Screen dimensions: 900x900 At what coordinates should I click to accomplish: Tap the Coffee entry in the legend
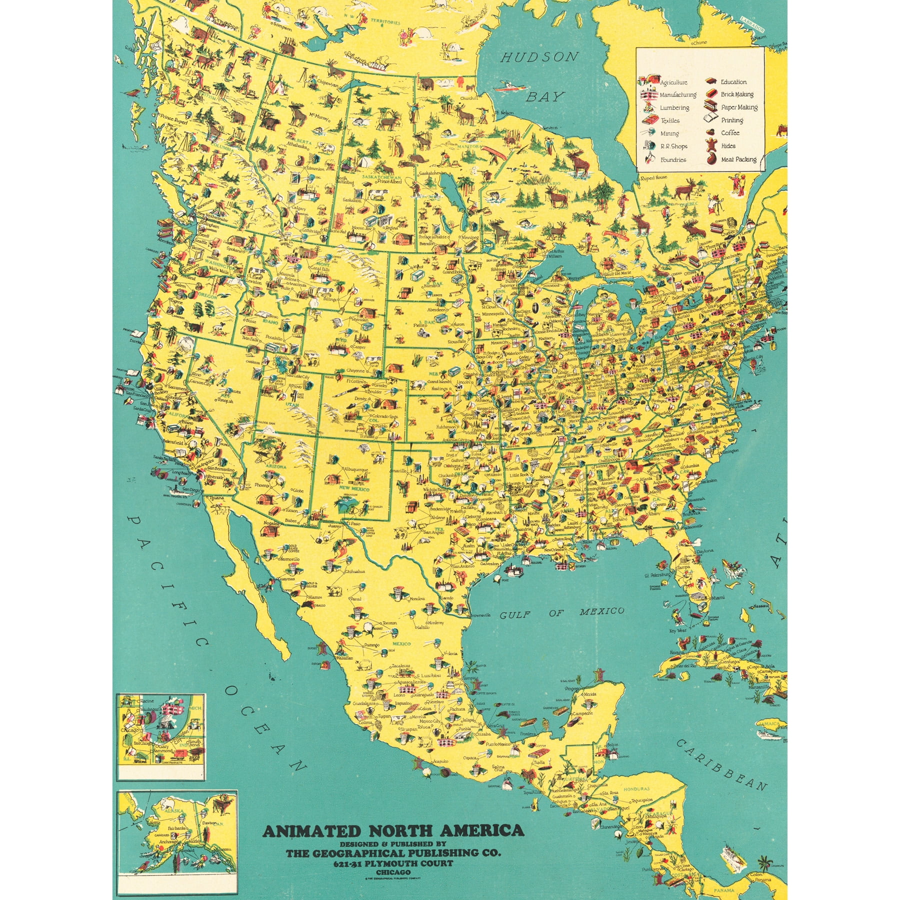coord(730,133)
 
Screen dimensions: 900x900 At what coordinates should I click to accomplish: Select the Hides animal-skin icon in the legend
coord(710,146)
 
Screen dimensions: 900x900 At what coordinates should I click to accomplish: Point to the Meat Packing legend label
coord(738,159)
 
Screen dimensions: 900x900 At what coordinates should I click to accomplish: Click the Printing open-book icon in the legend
coord(711,119)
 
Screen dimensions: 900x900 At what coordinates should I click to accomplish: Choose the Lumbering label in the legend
coord(674,107)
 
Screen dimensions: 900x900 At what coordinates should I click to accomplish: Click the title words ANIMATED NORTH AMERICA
coord(393,831)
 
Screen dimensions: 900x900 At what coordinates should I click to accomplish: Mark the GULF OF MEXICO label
coord(562,613)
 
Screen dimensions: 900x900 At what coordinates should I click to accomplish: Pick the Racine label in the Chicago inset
coord(147,701)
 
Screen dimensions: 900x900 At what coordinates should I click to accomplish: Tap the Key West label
coord(678,631)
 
